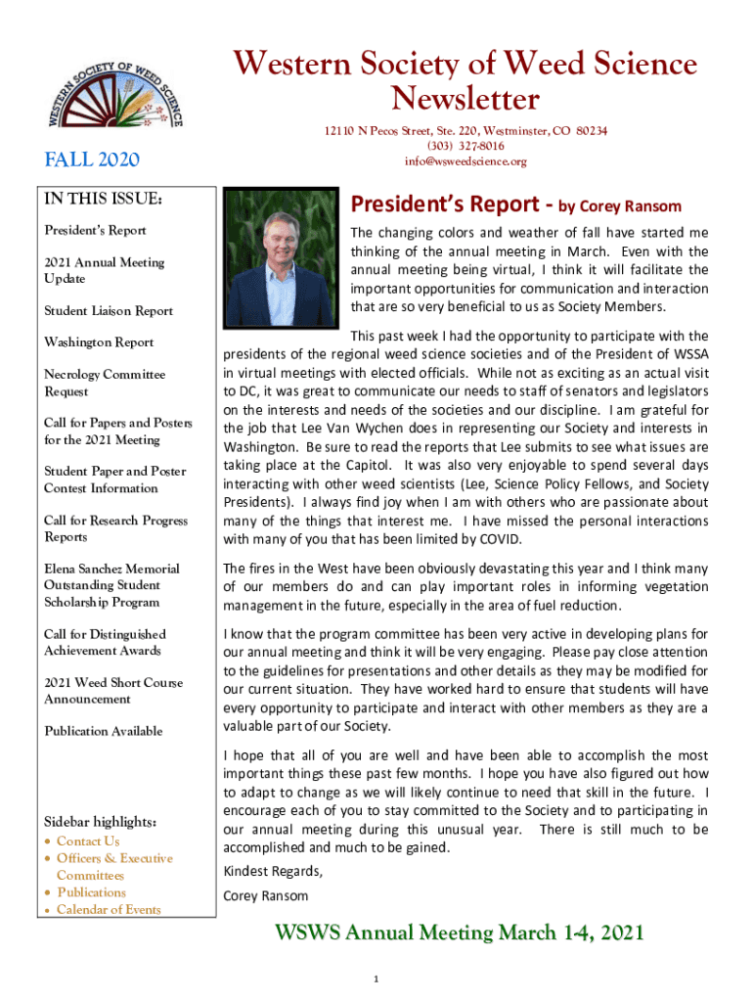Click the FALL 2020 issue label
click(93, 159)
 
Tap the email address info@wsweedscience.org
click(465, 161)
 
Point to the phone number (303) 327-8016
click(465, 146)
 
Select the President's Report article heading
click(515, 205)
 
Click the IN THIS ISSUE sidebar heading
click(103, 200)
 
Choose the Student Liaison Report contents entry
click(109, 311)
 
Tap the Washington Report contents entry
click(99, 342)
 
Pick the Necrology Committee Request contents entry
click(105, 383)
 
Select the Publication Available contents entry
click(103, 731)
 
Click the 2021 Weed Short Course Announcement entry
click(112, 691)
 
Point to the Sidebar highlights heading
click(101, 820)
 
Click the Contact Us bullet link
click(88, 842)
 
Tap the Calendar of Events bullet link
click(109, 910)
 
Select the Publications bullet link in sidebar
click(91, 892)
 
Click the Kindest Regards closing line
click(272, 871)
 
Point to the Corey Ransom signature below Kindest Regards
click(265, 896)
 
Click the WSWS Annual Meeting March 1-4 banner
click(458, 933)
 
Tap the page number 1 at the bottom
click(376, 979)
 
